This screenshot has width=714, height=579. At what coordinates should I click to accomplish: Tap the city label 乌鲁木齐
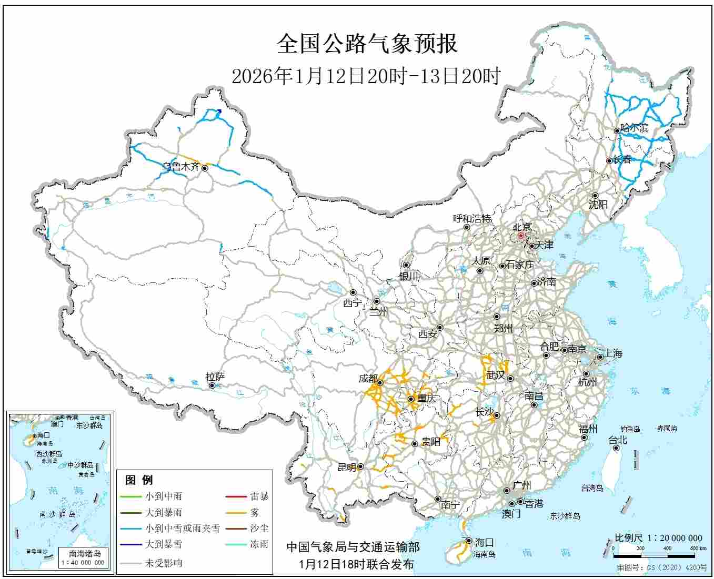point(180,167)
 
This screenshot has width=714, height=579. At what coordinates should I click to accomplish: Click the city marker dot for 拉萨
point(212,385)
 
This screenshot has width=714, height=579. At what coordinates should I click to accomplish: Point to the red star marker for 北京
point(521,236)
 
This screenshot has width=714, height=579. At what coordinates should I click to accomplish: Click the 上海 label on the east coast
point(614,353)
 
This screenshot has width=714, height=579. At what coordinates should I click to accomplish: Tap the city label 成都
point(368,379)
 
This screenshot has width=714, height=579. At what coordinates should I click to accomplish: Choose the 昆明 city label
point(347,467)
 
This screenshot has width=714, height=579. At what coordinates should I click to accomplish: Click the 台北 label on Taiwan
point(618,440)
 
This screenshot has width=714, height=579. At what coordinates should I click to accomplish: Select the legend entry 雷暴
point(259,496)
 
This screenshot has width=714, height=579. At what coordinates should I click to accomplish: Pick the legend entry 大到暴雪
point(164,544)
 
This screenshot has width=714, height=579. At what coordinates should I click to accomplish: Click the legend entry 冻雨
point(259,544)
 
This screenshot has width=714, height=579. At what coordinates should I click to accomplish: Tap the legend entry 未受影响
point(164,563)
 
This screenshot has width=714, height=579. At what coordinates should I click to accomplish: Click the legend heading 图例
point(139,480)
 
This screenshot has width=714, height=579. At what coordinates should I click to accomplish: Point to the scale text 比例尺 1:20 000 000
point(658,538)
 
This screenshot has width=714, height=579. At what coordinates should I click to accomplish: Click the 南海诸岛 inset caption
point(85,553)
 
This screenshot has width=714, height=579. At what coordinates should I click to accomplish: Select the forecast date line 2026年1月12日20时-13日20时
point(366,77)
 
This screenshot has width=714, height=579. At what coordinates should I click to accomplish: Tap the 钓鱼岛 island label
point(630,429)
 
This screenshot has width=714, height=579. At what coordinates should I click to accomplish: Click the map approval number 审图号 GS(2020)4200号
point(662,568)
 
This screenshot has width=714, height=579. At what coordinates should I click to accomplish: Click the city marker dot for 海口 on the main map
point(468,541)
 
